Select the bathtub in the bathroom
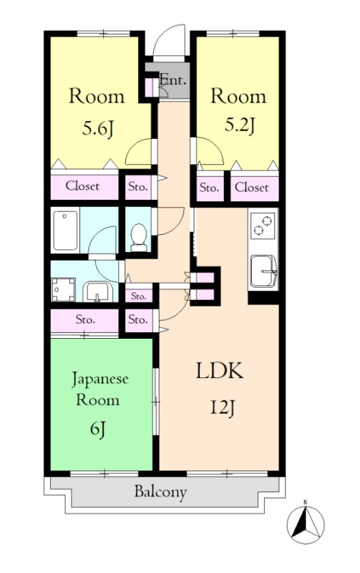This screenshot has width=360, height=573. (65, 230)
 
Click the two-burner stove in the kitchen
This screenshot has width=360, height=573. (263, 226)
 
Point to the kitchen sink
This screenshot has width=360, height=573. (263, 271)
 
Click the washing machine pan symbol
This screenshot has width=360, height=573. (63, 289)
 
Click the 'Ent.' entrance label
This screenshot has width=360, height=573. (173, 80)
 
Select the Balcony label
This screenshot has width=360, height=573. (160, 492)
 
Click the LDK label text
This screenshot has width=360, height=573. (220, 371)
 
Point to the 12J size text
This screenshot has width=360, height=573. (222, 408)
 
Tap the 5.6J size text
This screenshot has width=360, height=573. (97, 129)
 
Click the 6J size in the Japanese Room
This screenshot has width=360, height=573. (98, 429)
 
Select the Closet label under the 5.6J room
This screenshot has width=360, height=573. (82, 186)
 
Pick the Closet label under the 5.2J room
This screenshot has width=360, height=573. (251, 188)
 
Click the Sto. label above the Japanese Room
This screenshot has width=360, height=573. (85, 319)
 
